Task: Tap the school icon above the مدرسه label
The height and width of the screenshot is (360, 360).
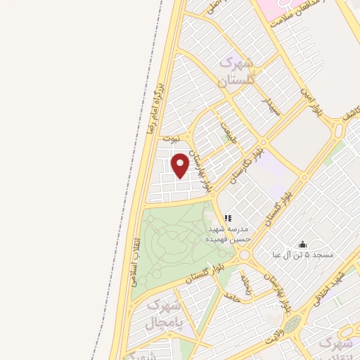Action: [x=227, y=219]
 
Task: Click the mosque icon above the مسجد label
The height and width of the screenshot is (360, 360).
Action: [x=303, y=244]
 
